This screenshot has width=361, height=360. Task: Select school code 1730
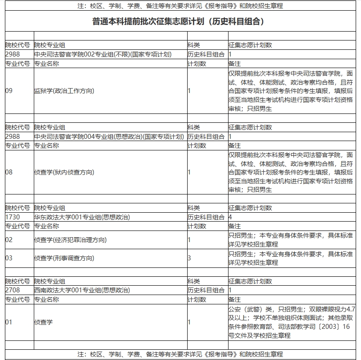12,217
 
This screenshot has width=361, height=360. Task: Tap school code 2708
12,290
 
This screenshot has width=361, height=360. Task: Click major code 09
9,91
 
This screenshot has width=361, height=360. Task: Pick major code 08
9,172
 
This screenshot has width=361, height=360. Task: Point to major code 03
9,258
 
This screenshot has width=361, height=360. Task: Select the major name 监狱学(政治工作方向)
64,91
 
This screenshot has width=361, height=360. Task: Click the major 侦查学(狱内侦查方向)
64,172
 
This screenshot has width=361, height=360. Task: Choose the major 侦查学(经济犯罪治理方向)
70,240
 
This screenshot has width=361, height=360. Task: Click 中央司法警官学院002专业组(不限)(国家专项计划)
103,54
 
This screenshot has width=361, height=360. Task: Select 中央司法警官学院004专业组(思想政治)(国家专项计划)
109,136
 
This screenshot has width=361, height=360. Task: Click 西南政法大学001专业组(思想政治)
82,290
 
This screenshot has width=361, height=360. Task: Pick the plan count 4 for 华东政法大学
230,217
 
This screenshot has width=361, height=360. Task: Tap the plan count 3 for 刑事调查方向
189,258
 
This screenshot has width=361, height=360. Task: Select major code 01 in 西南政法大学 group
9,322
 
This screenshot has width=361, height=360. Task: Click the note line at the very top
180,6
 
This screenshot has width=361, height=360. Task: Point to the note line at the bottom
180,355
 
